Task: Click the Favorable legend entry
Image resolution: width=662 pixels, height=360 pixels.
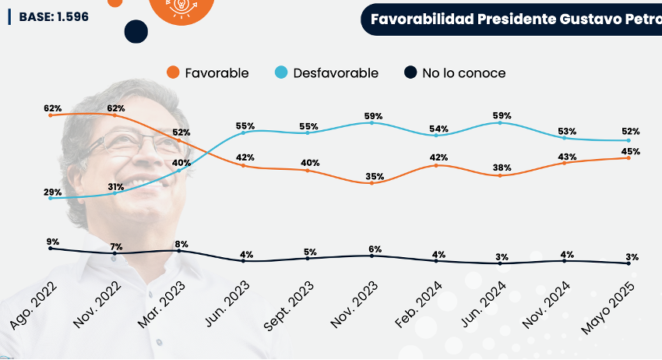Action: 208,73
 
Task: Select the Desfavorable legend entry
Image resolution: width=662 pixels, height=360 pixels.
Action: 326,73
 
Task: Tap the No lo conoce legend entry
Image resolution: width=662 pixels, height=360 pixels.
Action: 455,73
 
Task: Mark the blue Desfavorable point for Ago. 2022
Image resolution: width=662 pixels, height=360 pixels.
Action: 50,198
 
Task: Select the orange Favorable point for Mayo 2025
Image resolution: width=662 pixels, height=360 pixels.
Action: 629,157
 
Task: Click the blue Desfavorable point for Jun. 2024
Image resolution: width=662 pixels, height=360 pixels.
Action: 501,123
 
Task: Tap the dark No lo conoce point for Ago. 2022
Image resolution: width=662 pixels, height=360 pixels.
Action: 50,248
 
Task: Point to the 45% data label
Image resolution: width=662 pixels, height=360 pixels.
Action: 631,151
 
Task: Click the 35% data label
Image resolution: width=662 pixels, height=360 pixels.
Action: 375,176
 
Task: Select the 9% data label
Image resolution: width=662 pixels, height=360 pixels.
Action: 53,241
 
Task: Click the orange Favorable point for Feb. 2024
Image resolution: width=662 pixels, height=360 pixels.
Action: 437,165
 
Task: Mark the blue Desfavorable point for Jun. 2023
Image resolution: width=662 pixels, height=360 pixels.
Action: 244,132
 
